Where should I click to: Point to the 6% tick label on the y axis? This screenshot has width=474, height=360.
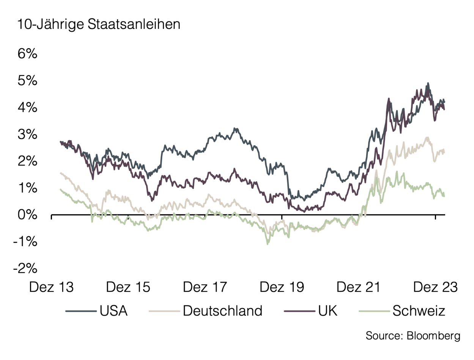(27, 54)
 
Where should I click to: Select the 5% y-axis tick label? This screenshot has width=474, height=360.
(27, 81)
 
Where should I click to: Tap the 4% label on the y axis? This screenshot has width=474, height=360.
(27, 108)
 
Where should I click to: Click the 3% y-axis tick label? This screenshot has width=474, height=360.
(27, 135)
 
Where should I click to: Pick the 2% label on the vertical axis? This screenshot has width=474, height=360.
(27, 162)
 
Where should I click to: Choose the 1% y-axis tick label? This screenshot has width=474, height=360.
(27, 189)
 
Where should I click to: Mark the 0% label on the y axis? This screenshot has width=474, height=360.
(27, 215)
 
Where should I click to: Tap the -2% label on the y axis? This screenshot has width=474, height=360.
(25, 269)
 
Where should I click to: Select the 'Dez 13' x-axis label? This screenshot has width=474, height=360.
(51, 287)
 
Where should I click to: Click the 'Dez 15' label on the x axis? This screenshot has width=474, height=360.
(128, 287)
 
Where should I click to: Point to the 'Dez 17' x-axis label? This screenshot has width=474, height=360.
(205, 287)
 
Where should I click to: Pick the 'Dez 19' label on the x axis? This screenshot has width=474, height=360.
(282, 287)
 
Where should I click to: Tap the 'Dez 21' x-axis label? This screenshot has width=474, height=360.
(358, 287)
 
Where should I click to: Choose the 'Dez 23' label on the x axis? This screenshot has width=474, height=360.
(435, 287)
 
